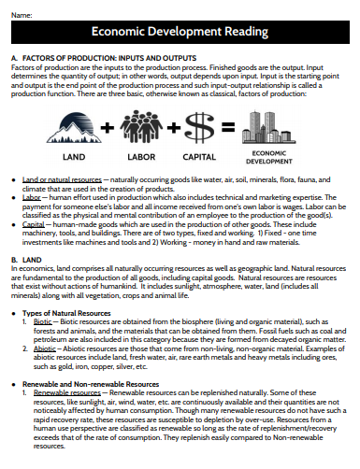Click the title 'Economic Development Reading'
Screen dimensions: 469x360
180,33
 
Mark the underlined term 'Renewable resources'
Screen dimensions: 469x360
66,393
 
